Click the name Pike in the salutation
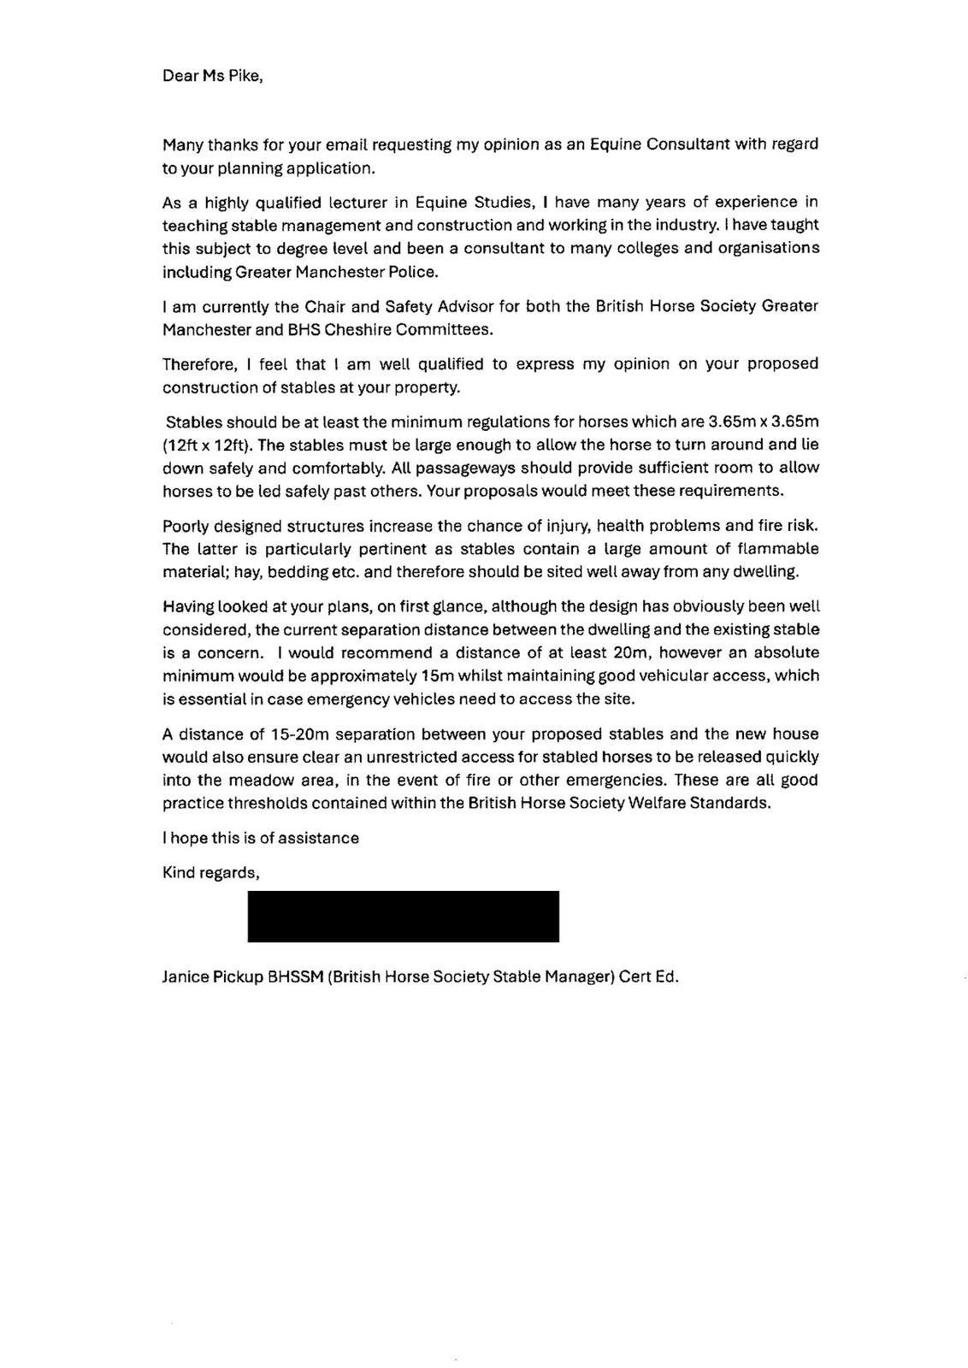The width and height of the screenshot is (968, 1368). tap(244, 75)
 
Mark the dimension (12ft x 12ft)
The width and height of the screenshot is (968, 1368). tap(207, 445)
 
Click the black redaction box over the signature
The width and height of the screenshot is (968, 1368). tap(403, 916)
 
